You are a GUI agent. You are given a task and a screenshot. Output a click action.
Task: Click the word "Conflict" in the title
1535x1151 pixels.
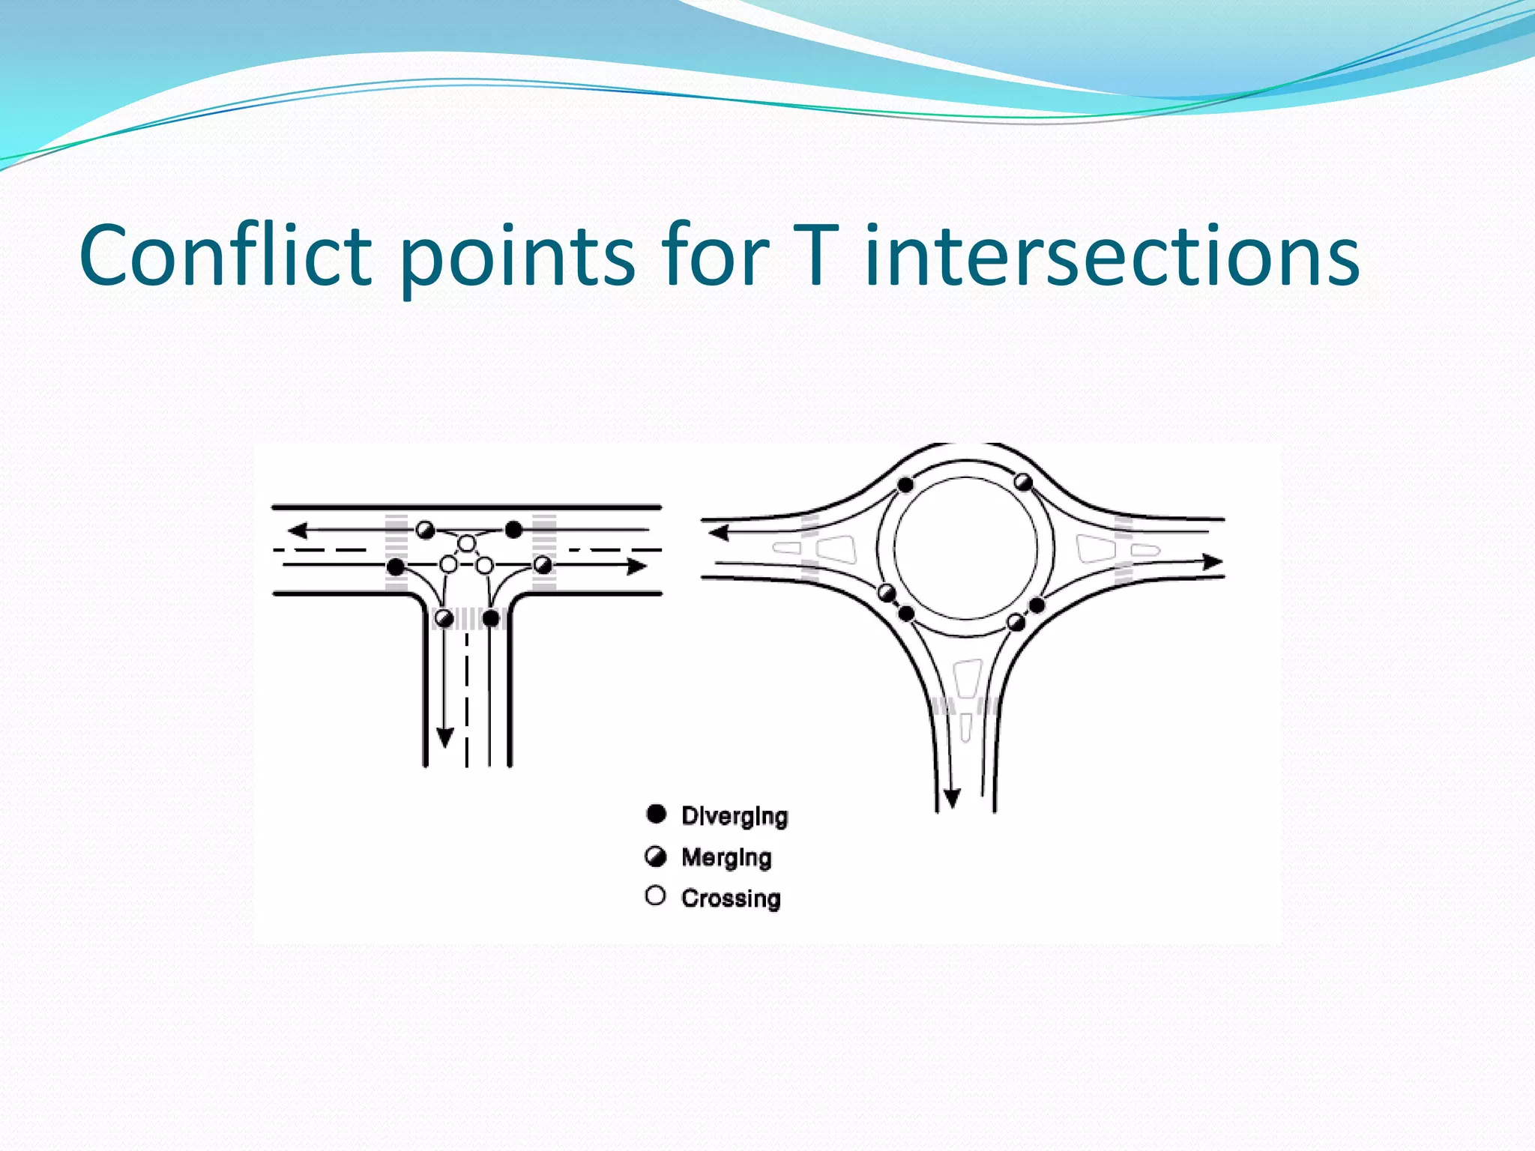pyautogui.click(x=225, y=256)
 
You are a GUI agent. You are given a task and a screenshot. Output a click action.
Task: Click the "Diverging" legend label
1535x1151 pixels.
pyautogui.click(x=735, y=816)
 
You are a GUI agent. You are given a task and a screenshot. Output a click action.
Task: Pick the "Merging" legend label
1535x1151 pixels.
pyautogui.click(x=726, y=857)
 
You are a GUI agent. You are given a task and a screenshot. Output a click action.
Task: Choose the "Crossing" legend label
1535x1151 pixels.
pyautogui.click(x=731, y=898)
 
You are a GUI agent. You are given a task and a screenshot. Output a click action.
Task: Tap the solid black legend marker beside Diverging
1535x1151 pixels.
pyautogui.click(x=656, y=815)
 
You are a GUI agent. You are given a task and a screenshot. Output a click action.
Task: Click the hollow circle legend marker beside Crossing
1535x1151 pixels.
pyautogui.click(x=655, y=896)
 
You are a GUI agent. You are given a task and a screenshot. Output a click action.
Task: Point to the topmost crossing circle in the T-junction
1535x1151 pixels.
pyautogui.click(x=467, y=543)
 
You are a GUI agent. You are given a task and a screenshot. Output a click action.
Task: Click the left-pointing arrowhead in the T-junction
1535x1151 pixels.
pyautogui.click(x=298, y=531)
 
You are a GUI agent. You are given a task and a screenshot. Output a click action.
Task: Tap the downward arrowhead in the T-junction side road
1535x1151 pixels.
pyautogui.click(x=445, y=737)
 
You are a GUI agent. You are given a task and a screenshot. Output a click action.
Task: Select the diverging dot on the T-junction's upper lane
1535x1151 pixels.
pyautogui.click(x=513, y=531)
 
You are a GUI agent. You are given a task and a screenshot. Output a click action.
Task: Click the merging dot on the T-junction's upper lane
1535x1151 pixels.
pyautogui.click(x=425, y=531)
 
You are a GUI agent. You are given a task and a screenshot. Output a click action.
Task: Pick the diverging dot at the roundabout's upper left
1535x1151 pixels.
pyautogui.click(x=905, y=485)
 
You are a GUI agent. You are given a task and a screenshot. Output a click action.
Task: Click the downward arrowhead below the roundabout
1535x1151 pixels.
pyautogui.click(x=952, y=799)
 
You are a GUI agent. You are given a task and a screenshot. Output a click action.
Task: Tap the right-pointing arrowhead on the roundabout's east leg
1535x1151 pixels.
pyautogui.click(x=1212, y=561)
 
